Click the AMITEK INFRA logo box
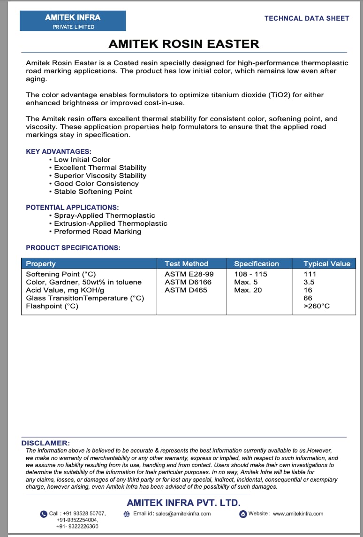(x=73, y=21)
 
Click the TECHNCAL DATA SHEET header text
(x=307, y=18)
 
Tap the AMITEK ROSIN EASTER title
(x=183, y=44)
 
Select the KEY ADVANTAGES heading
(x=59, y=152)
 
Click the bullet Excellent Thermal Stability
(x=100, y=168)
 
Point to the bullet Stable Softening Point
(x=93, y=192)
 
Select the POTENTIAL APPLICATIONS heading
(x=72, y=207)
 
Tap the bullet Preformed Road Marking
(x=98, y=231)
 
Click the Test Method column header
(x=186, y=264)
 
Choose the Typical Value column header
(x=327, y=264)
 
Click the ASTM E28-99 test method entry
(x=189, y=274)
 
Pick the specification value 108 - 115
(x=250, y=274)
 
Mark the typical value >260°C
(x=317, y=306)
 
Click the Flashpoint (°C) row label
(x=52, y=306)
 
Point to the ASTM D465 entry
(x=186, y=290)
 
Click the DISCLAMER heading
(x=45, y=443)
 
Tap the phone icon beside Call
(x=44, y=514)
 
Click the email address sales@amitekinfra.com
(x=183, y=514)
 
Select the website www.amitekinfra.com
(x=298, y=514)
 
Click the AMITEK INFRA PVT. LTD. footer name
(x=183, y=502)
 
